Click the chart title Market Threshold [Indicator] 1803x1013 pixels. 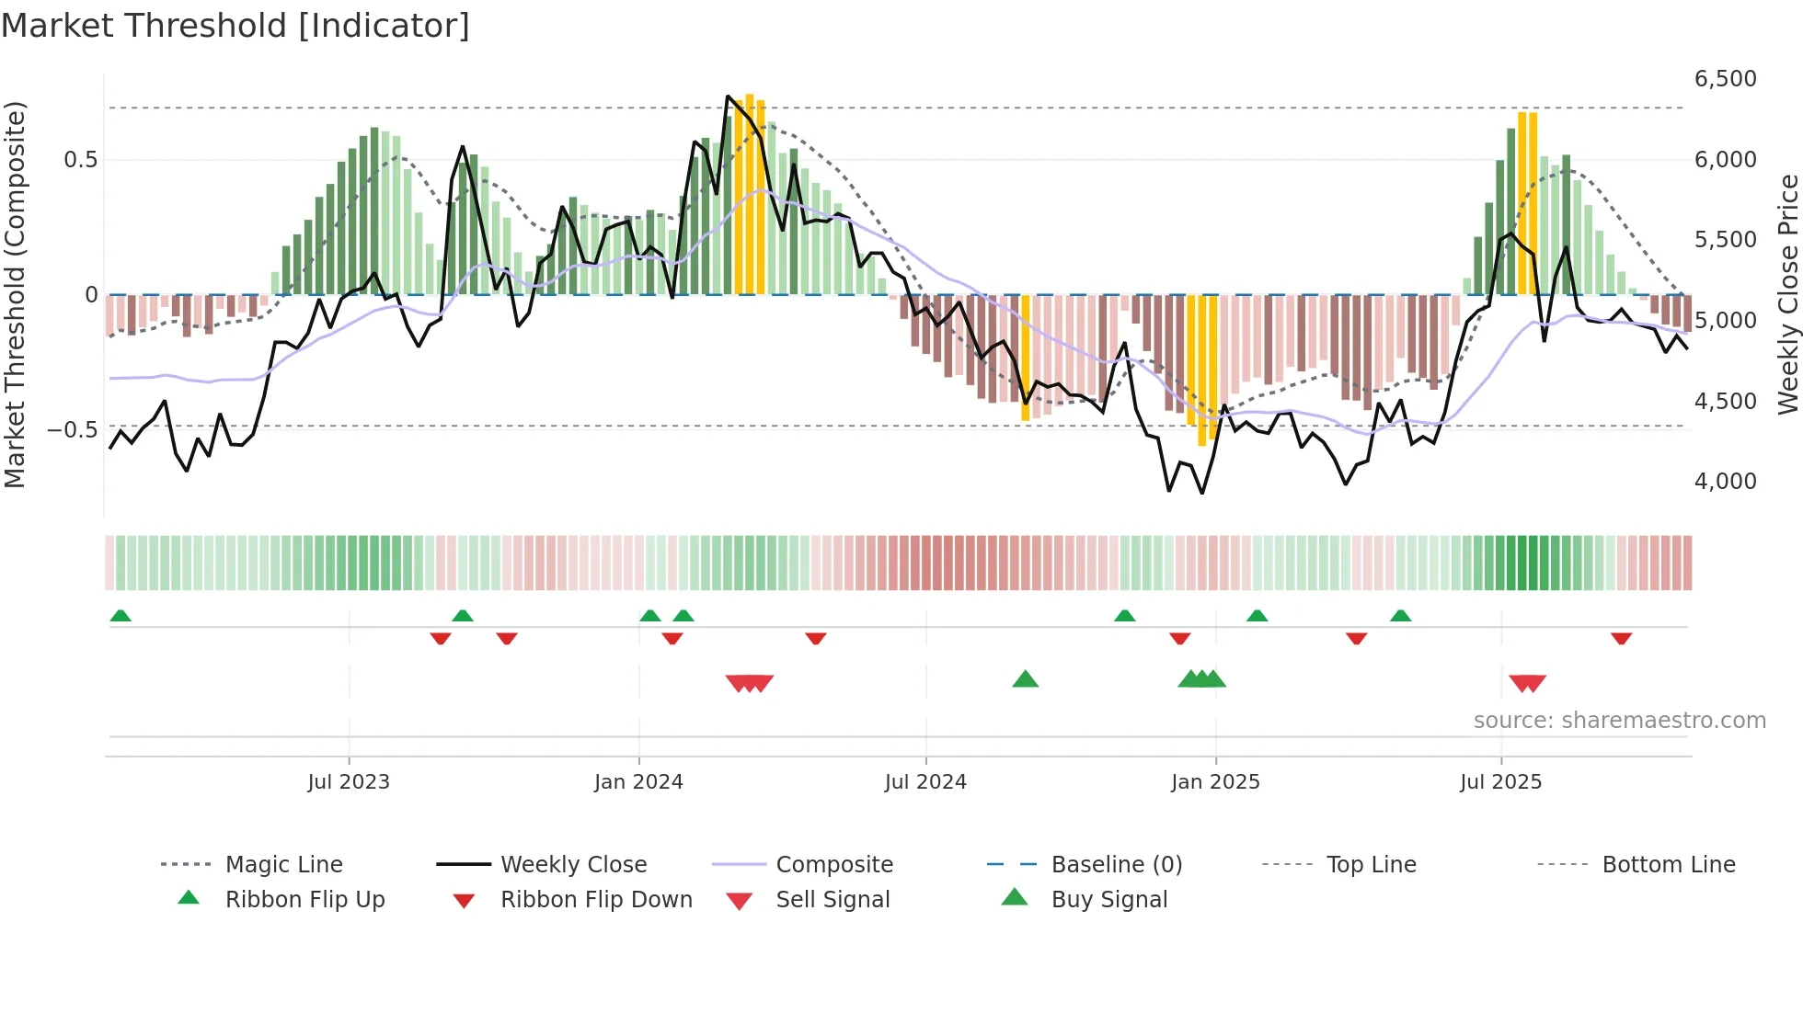click(235, 26)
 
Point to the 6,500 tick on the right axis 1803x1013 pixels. click(1725, 79)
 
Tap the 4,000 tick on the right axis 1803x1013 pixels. click(1725, 482)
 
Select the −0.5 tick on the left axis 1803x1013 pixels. click(73, 430)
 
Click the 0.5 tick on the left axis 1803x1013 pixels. click(80, 160)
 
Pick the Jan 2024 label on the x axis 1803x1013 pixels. click(638, 782)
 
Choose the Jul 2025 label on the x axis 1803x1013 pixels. click(1500, 782)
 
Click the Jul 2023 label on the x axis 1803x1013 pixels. click(349, 782)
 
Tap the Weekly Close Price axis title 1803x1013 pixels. click(1787, 294)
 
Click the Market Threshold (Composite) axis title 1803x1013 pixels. click(15, 294)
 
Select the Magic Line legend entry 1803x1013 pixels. click(283, 865)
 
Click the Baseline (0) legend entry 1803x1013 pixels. click(1116, 865)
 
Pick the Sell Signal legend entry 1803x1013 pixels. click(833, 900)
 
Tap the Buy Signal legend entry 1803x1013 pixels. click(1108, 900)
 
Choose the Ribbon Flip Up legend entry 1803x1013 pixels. click(304, 900)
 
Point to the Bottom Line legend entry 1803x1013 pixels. click(1668, 865)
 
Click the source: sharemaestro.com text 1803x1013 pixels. click(1619, 721)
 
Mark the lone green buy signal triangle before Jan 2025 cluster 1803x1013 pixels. click(1025, 679)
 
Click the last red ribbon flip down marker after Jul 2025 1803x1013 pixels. click(1621, 638)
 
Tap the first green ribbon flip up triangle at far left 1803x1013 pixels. click(121, 616)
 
